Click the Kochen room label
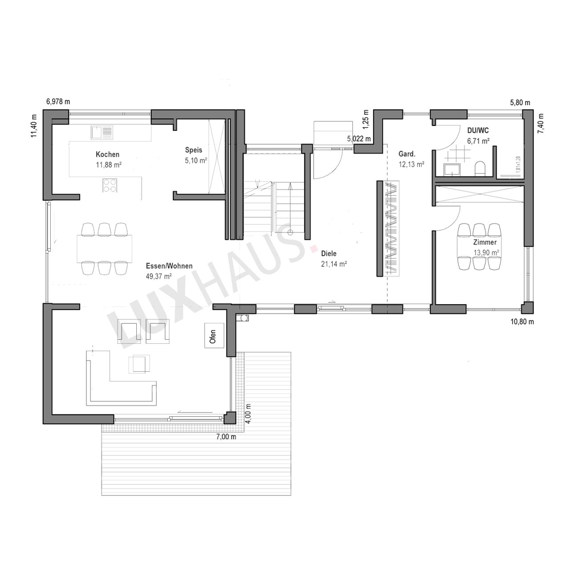107,155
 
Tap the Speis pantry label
193,150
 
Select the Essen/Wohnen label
169,266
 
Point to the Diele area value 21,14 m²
334,264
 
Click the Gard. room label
407,154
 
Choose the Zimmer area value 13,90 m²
486,252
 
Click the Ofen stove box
214,335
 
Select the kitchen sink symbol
102,132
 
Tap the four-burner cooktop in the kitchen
110,185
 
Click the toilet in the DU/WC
480,169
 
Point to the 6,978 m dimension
58,102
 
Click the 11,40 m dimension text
34,126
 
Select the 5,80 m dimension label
520,102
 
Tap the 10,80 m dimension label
522,322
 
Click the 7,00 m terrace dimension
226,436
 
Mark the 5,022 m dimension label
359,138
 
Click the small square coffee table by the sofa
139,363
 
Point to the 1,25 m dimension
366,119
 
